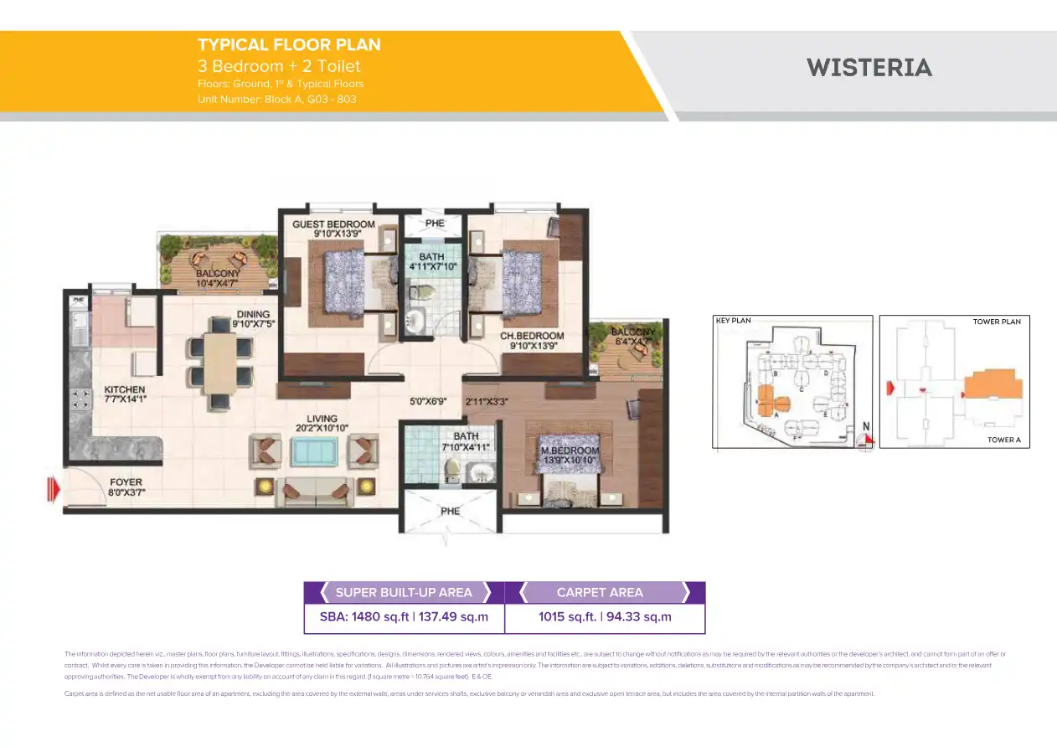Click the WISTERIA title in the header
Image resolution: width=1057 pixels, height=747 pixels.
pyautogui.click(x=869, y=68)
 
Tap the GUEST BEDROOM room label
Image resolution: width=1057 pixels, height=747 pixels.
pyautogui.click(x=333, y=224)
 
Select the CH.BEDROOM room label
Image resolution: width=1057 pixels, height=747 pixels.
pyautogui.click(x=532, y=336)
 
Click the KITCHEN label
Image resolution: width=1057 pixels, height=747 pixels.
pyautogui.click(x=125, y=389)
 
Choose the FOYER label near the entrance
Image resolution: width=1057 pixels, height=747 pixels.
pyautogui.click(x=126, y=482)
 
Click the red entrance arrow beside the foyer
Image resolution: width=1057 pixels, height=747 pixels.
pyautogui.click(x=54, y=487)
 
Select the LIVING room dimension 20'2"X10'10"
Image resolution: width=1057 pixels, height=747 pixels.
pyautogui.click(x=322, y=428)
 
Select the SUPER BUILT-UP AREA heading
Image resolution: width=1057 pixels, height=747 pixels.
pyautogui.click(x=404, y=593)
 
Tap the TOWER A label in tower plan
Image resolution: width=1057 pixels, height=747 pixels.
pyautogui.click(x=1003, y=440)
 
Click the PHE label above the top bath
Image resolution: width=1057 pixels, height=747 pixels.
pyautogui.click(x=435, y=224)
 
